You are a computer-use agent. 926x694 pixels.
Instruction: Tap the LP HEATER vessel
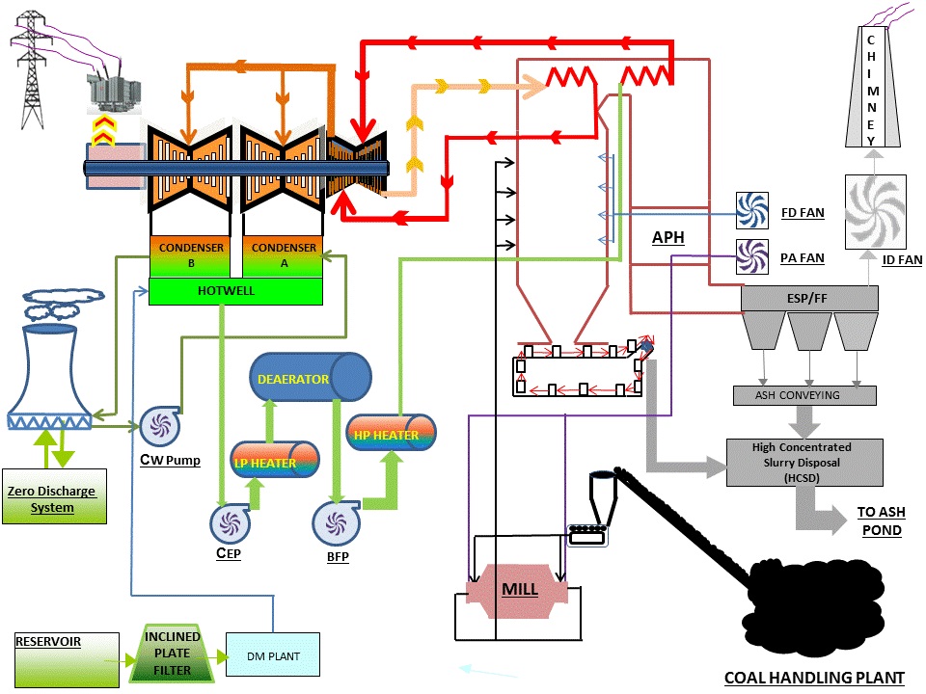tap(275, 461)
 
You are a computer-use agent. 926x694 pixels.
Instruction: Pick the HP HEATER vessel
tap(390, 434)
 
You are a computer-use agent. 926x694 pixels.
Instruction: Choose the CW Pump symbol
tap(156, 426)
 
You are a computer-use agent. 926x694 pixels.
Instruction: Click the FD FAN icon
tap(750, 209)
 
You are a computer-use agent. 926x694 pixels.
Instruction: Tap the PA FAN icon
tap(750, 257)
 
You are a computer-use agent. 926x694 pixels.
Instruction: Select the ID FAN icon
tap(876, 209)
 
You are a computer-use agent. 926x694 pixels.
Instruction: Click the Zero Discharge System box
tap(54, 497)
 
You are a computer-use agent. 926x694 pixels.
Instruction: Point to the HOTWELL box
tap(235, 291)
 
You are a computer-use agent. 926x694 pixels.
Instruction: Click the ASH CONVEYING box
tap(803, 395)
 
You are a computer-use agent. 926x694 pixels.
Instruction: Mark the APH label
tap(667, 237)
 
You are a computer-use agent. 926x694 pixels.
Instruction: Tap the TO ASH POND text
tap(880, 521)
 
